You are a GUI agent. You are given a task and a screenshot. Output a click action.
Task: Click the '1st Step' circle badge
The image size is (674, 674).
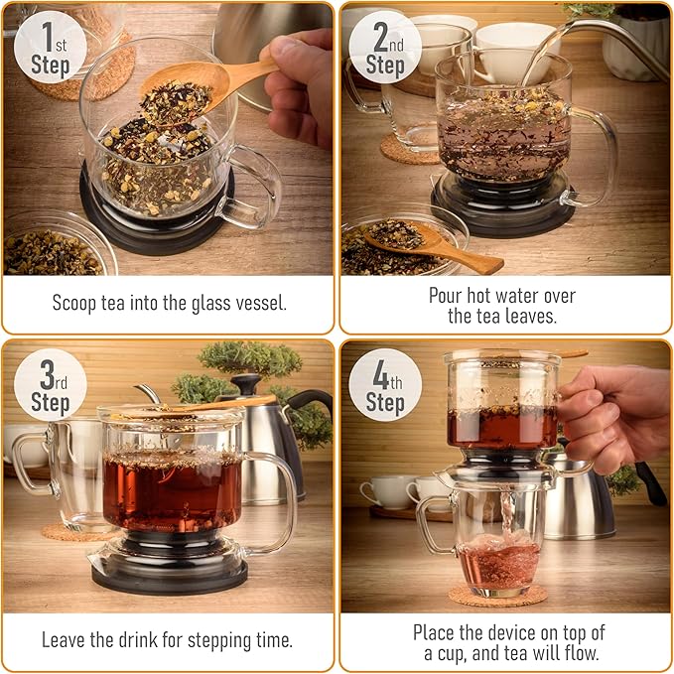pos(50,48)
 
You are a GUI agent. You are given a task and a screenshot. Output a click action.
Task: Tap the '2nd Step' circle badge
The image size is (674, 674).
pos(385,48)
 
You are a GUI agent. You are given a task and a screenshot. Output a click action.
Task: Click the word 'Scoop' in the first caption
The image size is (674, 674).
pos(76,303)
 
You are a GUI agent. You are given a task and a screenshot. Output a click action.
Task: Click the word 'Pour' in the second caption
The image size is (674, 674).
pos(447,295)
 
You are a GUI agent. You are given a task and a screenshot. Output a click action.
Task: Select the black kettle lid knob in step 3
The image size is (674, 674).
pos(246,383)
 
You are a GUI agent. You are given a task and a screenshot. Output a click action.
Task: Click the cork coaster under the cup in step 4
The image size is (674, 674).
pos(496,595)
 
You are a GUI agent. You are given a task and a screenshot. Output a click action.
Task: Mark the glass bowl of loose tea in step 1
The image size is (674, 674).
pos(55,248)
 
